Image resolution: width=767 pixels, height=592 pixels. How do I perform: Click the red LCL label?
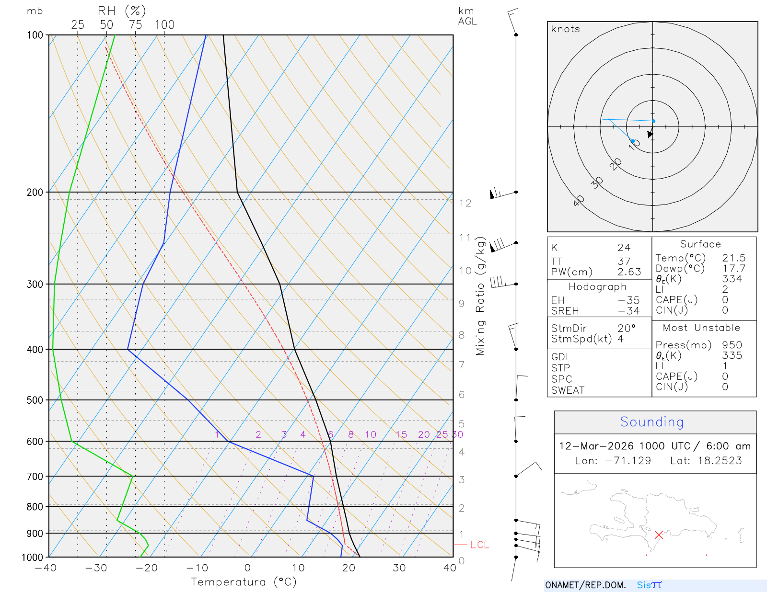(479, 545)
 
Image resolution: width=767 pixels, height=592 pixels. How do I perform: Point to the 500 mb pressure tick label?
(35, 400)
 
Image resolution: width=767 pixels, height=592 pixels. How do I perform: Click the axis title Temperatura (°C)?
(244, 582)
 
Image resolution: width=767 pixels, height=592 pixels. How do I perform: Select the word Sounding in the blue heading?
(652, 422)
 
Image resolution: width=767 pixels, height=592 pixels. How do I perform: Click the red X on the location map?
(659, 535)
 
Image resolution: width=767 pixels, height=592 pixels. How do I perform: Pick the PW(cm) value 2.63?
(629, 272)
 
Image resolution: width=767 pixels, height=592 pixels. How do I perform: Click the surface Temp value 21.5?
(734, 258)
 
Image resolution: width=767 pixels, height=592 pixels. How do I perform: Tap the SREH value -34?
(628, 311)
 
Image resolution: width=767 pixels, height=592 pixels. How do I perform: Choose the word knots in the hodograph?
(566, 29)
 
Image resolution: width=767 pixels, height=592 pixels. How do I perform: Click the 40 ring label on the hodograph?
(579, 201)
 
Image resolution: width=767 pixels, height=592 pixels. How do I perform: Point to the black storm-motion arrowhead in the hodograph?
(650, 135)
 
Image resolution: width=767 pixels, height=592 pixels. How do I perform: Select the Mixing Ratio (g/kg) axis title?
(480, 296)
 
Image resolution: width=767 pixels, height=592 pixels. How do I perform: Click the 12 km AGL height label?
(465, 203)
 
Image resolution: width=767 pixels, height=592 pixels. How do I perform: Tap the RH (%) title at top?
(122, 11)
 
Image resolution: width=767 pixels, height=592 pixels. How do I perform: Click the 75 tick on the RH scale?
(136, 25)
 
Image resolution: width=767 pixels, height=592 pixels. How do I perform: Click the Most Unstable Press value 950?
(732, 345)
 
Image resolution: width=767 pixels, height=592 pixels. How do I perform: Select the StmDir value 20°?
(627, 329)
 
